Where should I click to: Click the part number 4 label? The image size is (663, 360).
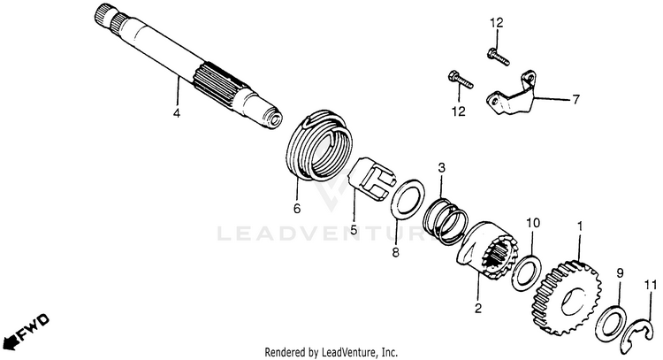tap(176, 113)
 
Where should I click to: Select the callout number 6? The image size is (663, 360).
tap(296, 209)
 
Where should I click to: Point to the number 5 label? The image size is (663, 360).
tap(354, 231)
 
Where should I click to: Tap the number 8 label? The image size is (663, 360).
tap(395, 253)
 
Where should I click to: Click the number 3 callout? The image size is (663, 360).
tap(441, 168)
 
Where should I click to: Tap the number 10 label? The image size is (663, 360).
tap(533, 223)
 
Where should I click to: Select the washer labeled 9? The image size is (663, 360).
tap(609, 324)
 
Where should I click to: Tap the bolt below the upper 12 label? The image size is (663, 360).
tap(498, 57)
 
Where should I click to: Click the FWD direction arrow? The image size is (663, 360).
tap(25, 331)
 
